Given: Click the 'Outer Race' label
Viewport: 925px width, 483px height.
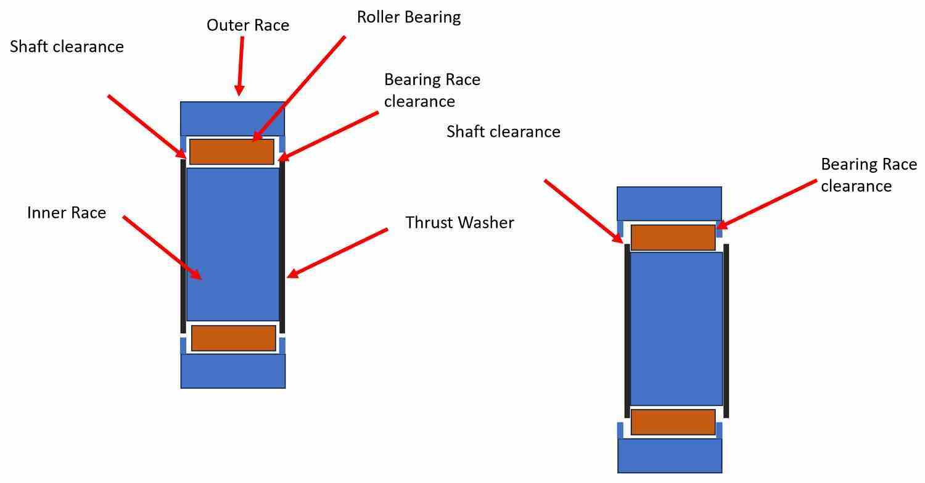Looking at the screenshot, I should (x=247, y=25).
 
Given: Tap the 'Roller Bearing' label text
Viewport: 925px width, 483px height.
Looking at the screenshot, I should (x=408, y=17).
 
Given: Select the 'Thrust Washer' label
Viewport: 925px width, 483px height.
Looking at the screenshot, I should (x=459, y=223).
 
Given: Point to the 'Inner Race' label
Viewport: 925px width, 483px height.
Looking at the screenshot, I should (x=67, y=213).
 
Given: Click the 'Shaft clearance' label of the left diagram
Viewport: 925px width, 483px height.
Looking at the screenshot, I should (x=67, y=46).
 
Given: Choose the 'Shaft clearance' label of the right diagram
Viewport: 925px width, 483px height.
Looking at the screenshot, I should (x=503, y=131).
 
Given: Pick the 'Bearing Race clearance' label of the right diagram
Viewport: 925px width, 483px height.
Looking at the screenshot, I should (x=868, y=175).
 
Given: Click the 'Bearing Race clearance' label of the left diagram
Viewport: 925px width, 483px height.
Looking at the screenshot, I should (x=432, y=90).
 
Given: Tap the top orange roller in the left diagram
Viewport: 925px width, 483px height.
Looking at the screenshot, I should (x=231, y=152).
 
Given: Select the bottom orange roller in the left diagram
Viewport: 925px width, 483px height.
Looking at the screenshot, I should (x=233, y=338).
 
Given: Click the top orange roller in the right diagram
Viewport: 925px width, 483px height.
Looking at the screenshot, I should (x=673, y=237).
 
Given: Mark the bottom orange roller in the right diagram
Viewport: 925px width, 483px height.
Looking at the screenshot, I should (x=673, y=422).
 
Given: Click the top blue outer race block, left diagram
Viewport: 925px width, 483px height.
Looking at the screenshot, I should (x=232, y=118).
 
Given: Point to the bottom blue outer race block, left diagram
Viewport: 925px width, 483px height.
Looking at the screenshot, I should (x=232, y=371).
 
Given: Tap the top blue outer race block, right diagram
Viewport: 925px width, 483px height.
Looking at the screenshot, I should (x=669, y=203).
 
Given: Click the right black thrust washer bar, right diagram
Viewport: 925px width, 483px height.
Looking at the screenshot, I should (x=726, y=331).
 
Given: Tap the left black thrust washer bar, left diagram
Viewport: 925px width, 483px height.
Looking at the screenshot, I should (x=183, y=247).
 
